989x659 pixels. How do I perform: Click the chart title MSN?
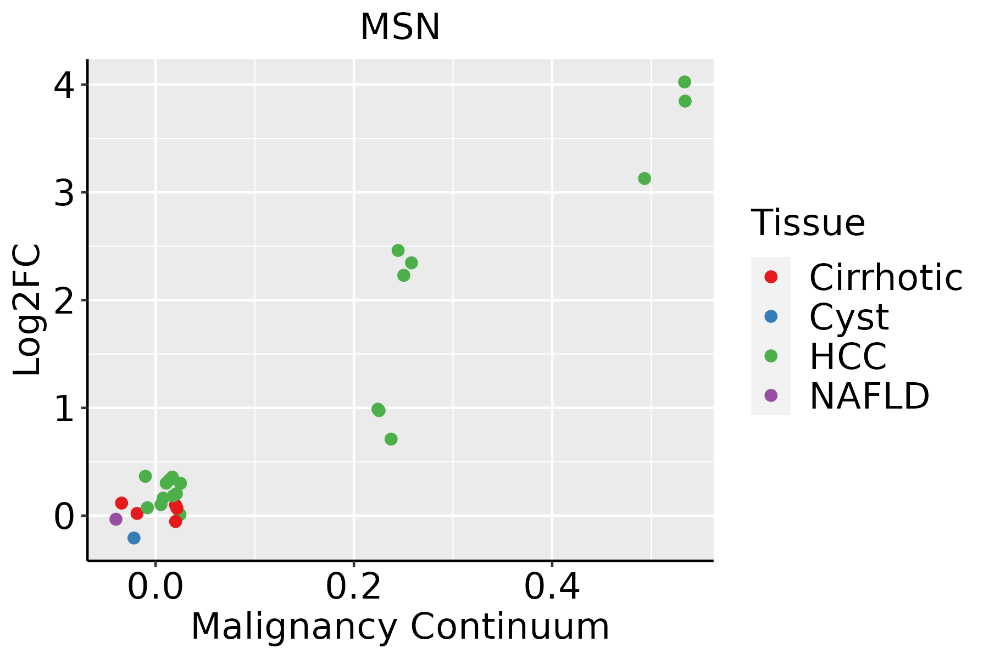(x=400, y=27)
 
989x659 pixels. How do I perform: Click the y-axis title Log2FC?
(x=27, y=310)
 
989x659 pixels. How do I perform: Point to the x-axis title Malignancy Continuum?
(x=400, y=627)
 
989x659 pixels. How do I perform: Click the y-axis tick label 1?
(x=64, y=409)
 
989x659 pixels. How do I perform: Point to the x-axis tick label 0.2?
(x=353, y=587)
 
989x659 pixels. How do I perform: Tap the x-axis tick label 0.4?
(x=552, y=587)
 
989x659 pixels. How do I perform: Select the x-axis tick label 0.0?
(x=155, y=587)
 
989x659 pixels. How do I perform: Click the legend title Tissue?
(x=808, y=223)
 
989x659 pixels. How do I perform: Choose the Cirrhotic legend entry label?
(x=886, y=277)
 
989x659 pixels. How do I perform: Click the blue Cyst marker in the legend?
(x=771, y=316)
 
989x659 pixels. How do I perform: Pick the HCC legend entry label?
(x=848, y=356)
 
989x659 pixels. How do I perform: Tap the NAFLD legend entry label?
(x=869, y=395)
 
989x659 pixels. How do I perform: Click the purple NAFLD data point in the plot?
(x=116, y=519)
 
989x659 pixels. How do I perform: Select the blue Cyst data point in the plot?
(x=134, y=538)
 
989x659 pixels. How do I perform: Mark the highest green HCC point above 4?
(x=685, y=82)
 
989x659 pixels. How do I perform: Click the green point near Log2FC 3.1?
(x=644, y=178)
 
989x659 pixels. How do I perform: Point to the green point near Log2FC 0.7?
(x=391, y=439)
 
